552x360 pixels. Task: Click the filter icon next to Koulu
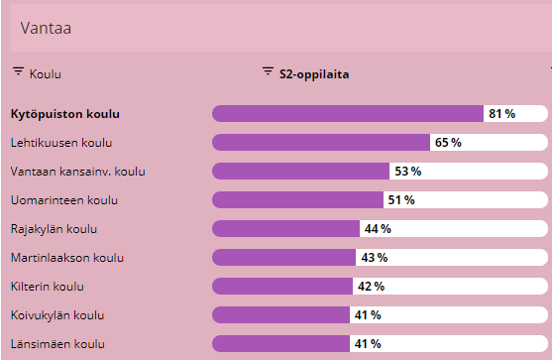pos(18,72)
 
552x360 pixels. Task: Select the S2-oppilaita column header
pos(312,73)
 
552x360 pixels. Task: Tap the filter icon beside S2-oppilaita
pos(267,72)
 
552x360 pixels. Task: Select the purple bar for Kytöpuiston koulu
pos(347,114)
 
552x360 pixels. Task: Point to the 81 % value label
pos(501,114)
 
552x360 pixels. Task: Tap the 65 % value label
pos(448,143)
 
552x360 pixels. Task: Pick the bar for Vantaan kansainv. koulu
pos(300,172)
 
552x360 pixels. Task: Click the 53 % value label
pos(407,172)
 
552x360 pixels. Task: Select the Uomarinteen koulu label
pos(63,200)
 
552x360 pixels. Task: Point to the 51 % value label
pos(401,200)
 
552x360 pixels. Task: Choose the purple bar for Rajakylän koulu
pos(285,229)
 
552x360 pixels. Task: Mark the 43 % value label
pos(373,258)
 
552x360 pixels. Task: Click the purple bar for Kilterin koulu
pos(282,287)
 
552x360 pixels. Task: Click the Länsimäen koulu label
pos(57,344)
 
